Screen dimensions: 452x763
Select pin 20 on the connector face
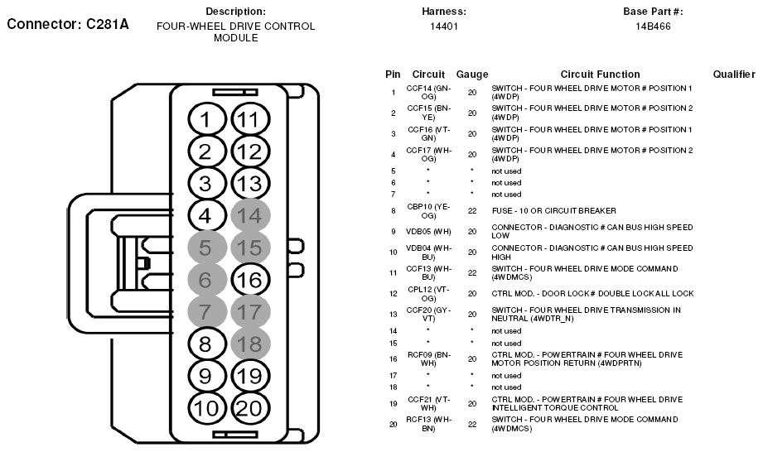pos(249,406)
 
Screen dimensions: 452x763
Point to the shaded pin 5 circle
pos(206,248)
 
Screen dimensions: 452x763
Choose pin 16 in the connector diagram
pos(249,279)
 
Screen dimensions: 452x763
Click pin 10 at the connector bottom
pos(206,406)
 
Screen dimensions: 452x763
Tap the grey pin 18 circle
pos(249,344)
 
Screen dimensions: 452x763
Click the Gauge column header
pos(472,75)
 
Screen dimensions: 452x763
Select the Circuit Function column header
pos(600,75)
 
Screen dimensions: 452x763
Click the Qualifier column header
pos(734,75)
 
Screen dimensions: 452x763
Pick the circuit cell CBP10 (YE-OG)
pos(428,210)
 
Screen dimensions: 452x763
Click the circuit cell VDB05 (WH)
pos(428,231)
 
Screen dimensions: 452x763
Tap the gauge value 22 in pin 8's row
pos(472,211)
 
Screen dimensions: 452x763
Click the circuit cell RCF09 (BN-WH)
pos(428,358)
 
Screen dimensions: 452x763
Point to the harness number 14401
pos(444,26)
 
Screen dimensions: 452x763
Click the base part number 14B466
pos(653,26)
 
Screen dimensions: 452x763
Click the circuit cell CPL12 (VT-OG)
pos(428,293)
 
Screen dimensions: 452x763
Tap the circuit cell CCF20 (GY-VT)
pos(428,314)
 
